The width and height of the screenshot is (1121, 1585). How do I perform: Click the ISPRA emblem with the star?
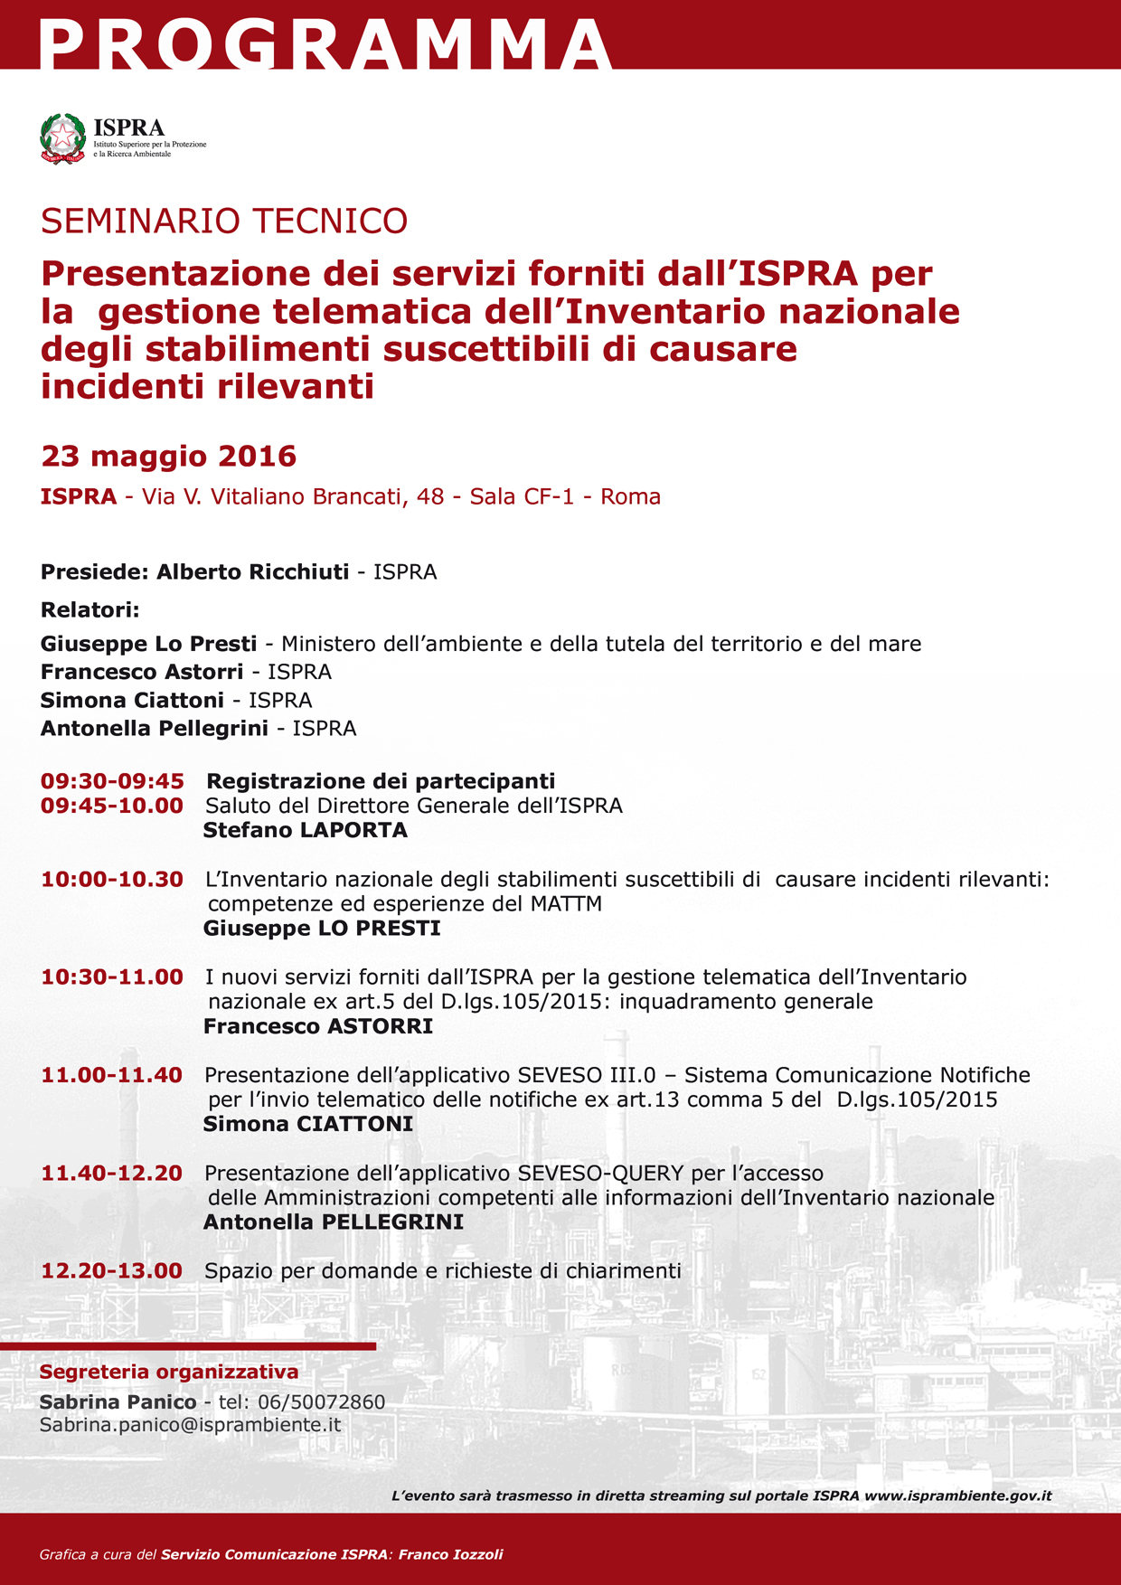click(x=62, y=137)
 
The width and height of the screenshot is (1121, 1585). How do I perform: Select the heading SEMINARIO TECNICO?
click(x=224, y=222)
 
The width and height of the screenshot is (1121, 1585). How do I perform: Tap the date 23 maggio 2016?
click(x=169, y=456)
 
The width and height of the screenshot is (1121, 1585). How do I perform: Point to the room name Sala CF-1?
click(x=522, y=496)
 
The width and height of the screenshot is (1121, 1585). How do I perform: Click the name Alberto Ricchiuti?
click(x=252, y=571)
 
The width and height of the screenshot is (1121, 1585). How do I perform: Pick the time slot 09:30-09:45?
click(x=112, y=780)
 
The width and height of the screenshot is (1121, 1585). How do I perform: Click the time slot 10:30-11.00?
click(x=112, y=976)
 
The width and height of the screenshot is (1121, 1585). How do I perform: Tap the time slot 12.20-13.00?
click(x=112, y=1270)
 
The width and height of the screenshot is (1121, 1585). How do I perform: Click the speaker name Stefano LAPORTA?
click(x=306, y=830)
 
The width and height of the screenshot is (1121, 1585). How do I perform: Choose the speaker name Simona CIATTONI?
click(x=308, y=1124)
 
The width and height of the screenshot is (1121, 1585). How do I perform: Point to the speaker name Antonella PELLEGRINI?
click(x=334, y=1222)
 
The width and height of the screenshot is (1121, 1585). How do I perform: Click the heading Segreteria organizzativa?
click(x=169, y=1372)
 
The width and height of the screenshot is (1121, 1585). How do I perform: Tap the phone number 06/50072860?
click(x=322, y=1401)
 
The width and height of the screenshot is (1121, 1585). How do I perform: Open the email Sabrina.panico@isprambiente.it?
click(x=190, y=1424)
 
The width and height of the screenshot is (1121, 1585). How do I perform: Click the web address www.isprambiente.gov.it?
click(x=958, y=1495)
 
